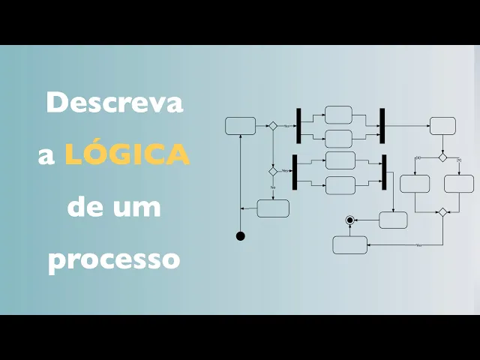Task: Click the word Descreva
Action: pyautogui.click(x=115, y=103)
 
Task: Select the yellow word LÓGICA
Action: pyautogui.click(x=127, y=154)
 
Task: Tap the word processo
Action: pyautogui.click(x=115, y=259)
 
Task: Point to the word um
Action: pyautogui.click(x=137, y=206)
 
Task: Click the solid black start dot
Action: pyautogui.click(x=241, y=236)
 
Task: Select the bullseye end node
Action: pyautogui.click(x=349, y=220)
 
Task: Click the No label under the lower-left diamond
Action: pyautogui.click(x=273, y=187)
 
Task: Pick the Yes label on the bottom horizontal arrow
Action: pyautogui.click(x=418, y=245)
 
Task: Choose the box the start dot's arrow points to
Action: pyautogui.click(x=240, y=126)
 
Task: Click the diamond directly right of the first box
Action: pyautogui.click(x=273, y=126)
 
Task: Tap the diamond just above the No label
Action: pyautogui.click(x=273, y=171)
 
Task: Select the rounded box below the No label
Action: pyautogui.click(x=273, y=208)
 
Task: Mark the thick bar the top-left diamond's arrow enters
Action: pyautogui.click(x=298, y=126)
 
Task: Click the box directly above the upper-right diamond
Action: pyautogui.click(x=442, y=126)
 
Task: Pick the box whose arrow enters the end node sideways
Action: pyautogui.click(x=393, y=220)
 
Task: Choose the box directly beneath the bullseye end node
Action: pyautogui.click(x=350, y=245)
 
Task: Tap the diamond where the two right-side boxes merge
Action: pyautogui.click(x=442, y=212)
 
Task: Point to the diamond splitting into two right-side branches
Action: pyautogui.click(x=442, y=157)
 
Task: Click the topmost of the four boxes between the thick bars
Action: pyautogui.click(x=338, y=115)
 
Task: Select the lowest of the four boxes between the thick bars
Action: pyautogui.click(x=340, y=184)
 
